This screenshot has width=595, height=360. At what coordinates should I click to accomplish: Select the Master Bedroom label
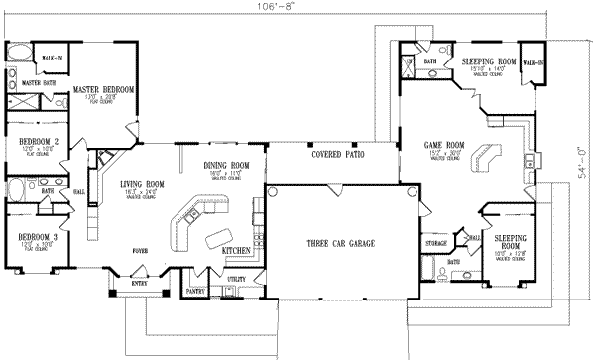[104, 90]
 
